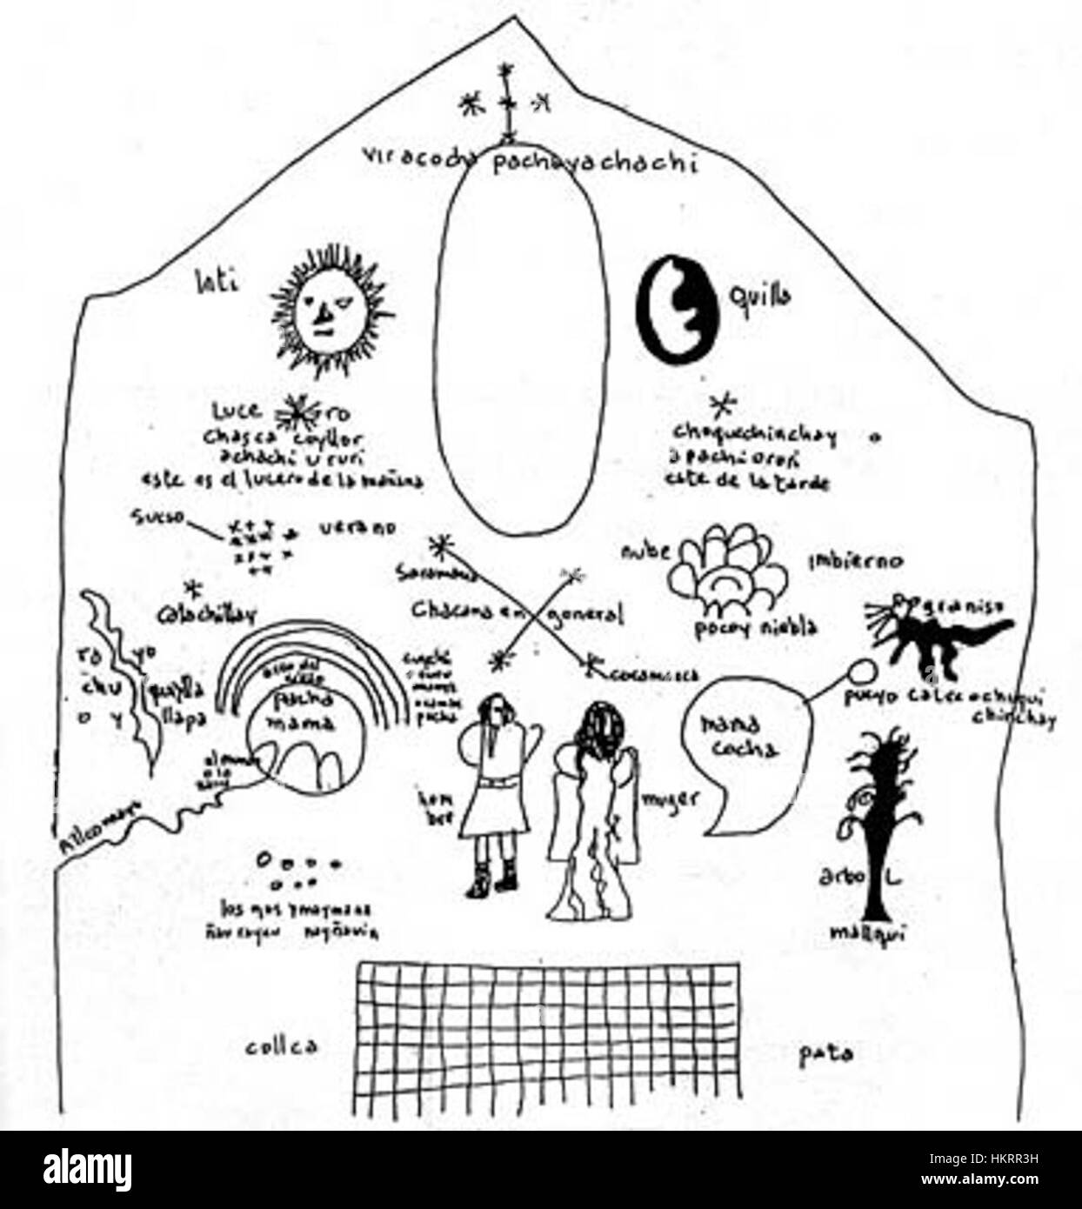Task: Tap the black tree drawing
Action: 878,826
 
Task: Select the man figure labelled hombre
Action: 491,787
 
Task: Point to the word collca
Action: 280,1045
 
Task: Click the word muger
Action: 671,798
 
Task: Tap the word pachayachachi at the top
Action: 596,162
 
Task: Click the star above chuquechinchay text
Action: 722,404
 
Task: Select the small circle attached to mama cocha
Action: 861,671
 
